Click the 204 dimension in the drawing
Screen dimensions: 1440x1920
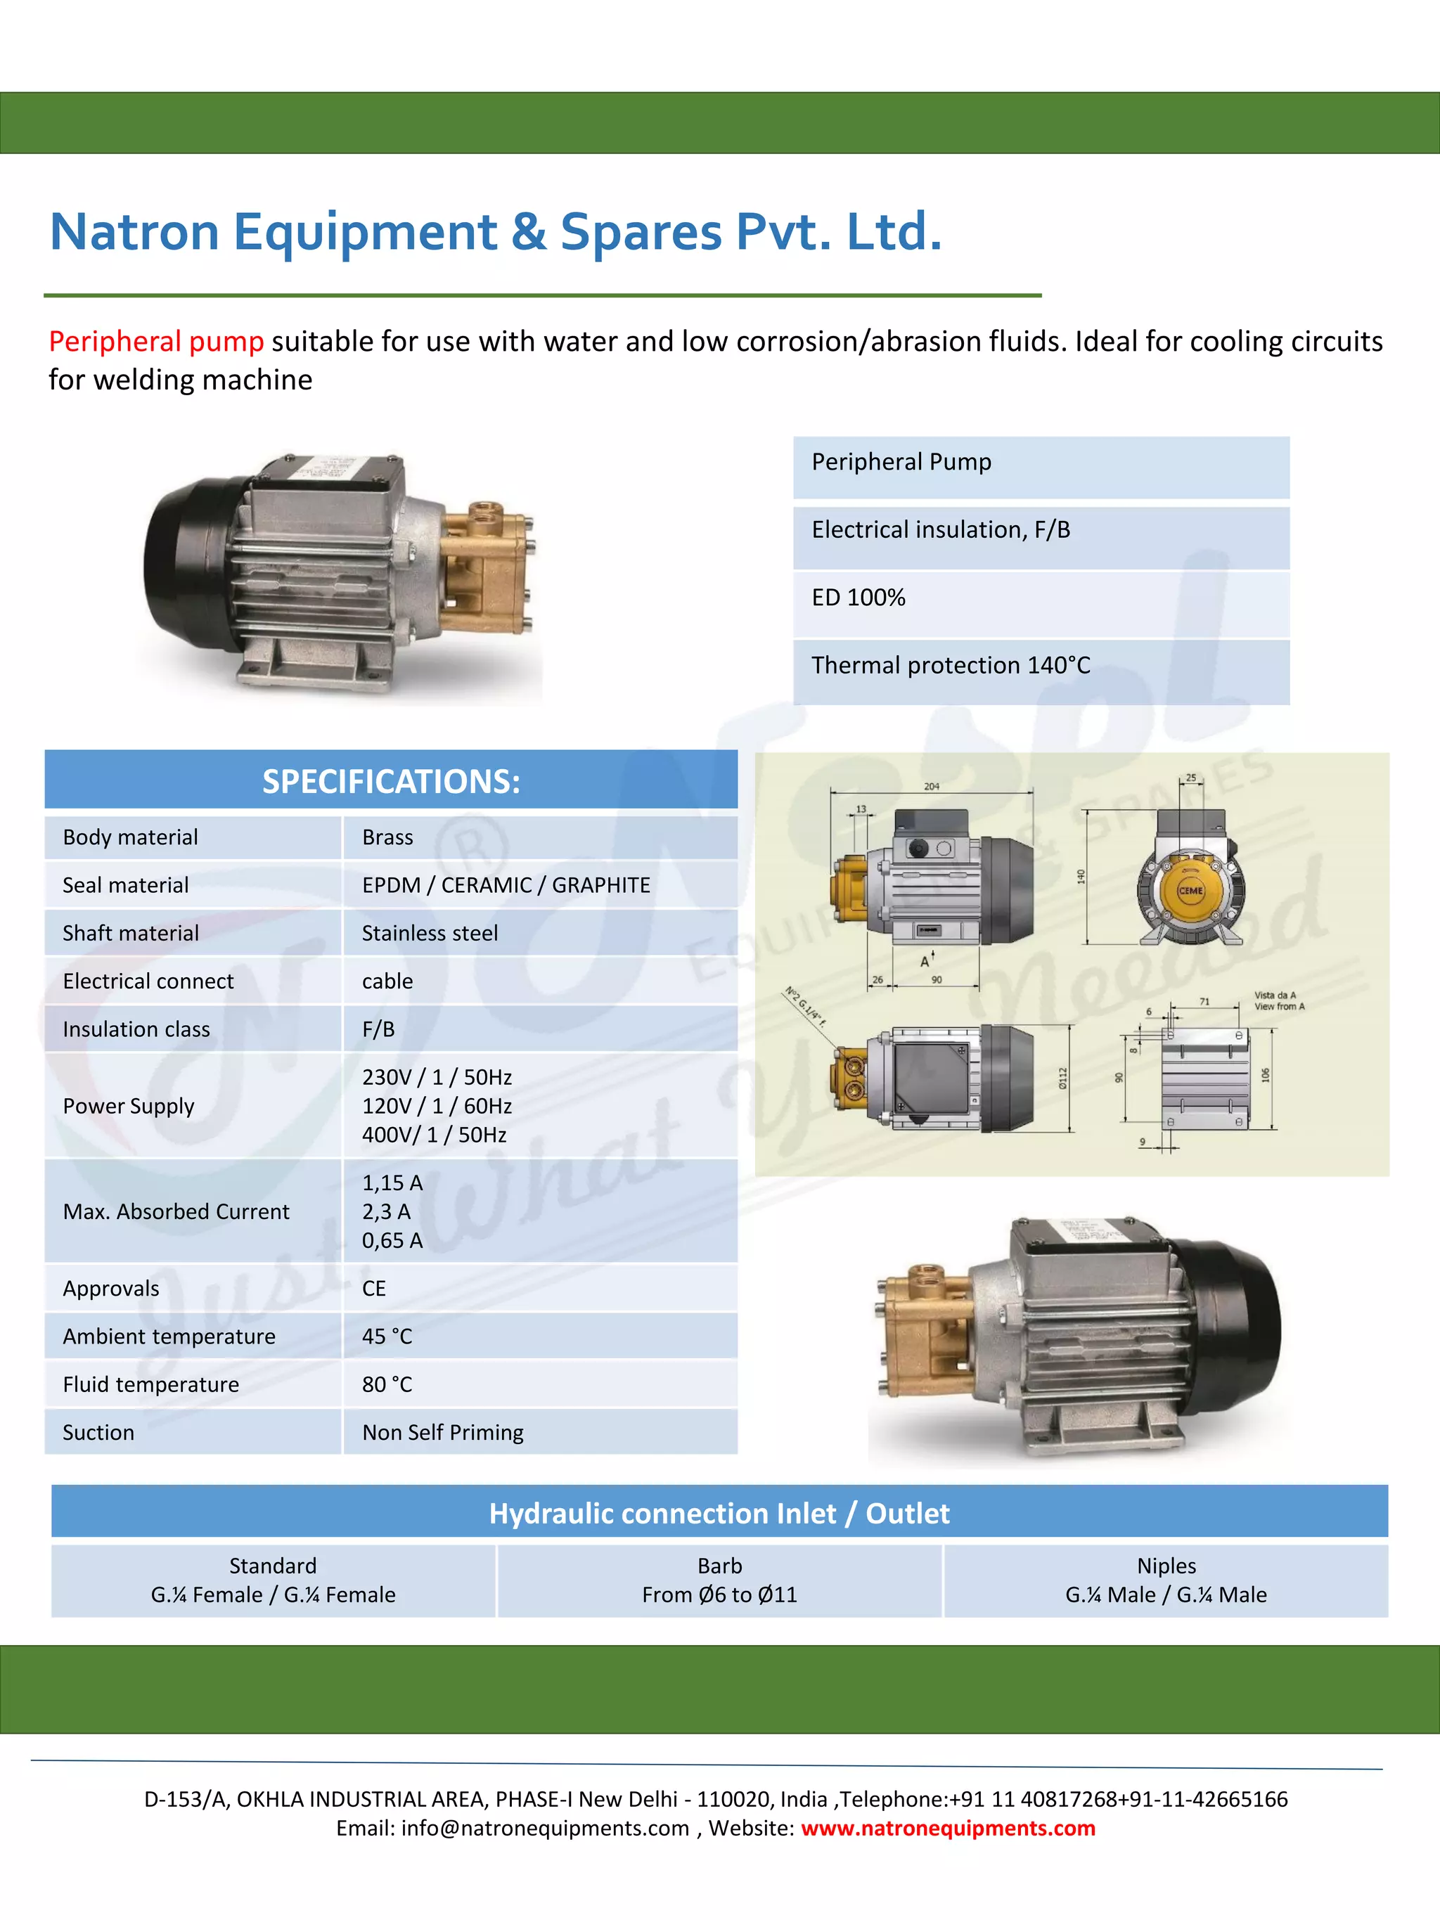(932, 787)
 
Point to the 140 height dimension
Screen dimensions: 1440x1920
(1081, 877)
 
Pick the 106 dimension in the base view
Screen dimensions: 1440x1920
(1266, 1074)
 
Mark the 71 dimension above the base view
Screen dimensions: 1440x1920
(1204, 1002)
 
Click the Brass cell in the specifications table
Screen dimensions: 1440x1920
(387, 837)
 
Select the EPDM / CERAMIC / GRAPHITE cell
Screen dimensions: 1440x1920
(506, 885)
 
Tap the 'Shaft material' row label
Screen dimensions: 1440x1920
(131, 933)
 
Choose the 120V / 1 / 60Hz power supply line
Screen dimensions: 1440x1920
(437, 1106)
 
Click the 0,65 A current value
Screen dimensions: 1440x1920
(392, 1240)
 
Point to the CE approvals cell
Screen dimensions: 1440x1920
(374, 1288)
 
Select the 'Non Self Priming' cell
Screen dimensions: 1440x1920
(443, 1432)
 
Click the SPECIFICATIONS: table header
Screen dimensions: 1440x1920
(392, 781)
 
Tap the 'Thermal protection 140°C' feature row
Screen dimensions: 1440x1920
(951, 666)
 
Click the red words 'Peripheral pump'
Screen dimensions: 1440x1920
(156, 342)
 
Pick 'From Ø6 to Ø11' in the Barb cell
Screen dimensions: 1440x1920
(719, 1594)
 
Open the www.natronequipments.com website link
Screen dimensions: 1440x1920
(948, 1828)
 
